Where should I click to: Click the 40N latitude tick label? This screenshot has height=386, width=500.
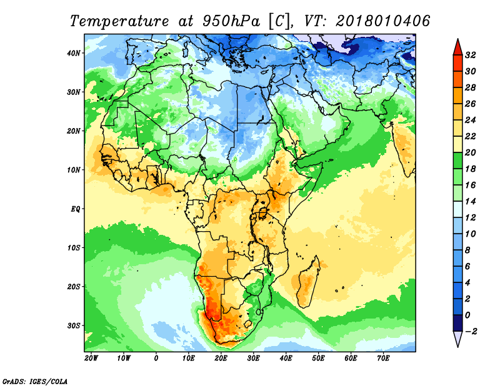(74, 53)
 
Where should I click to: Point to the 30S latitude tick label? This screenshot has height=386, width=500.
(74, 326)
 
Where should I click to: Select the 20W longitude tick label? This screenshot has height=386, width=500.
(91, 359)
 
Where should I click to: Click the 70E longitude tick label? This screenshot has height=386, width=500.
(383, 359)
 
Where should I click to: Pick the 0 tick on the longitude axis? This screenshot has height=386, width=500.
(156, 359)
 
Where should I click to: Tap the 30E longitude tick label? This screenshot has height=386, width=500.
(253, 359)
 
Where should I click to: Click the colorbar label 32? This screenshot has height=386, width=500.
(471, 55)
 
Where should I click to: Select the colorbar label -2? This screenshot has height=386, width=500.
(471, 332)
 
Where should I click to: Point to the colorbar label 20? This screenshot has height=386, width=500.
(471, 152)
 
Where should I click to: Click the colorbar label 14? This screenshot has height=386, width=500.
(471, 202)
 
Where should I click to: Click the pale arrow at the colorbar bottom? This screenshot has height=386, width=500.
(457, 339)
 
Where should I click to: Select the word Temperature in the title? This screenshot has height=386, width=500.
(119, 21)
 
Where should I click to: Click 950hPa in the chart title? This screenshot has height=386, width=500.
(231, 21)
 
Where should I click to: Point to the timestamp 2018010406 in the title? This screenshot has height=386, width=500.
(382, 21)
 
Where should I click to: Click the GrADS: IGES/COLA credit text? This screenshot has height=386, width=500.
(35, 381)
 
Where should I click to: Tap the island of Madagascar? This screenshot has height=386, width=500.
(307, 282)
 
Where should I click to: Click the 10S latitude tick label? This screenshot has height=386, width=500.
(74, 248)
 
